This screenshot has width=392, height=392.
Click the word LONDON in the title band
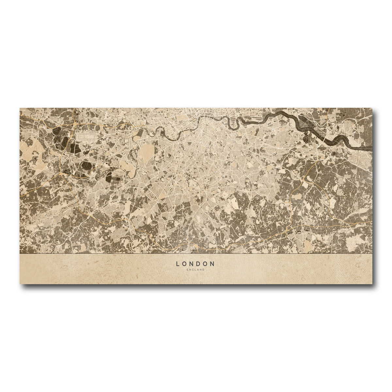click(195, 264)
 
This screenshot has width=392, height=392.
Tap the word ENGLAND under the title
click(195, 270)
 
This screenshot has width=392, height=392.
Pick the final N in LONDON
click(213, 264)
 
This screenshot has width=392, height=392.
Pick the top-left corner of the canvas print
click(20, 107)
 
